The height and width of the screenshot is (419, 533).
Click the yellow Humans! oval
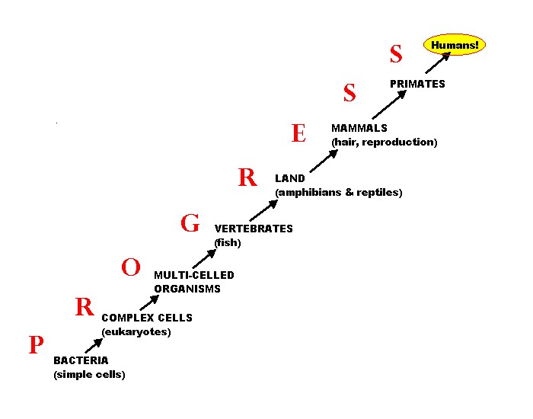click(x=455, y=46)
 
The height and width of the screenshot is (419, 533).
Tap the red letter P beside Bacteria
click(x=35, y=346)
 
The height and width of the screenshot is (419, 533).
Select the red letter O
click(x=131, y=267)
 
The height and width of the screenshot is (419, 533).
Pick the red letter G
click(x=190, y=223)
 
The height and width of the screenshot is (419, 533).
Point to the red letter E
click(x=298, y=134)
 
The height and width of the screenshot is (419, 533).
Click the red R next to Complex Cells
click(x=84, y=307)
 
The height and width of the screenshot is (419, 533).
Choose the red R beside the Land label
click(x=247, y=178)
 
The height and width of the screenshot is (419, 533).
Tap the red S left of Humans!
click(x=395, y=54)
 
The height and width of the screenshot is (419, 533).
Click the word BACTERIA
click(x=81, y=360)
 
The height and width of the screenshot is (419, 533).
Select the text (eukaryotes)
click(x=136, y=332)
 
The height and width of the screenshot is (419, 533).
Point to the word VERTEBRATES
click(x=254, y=229)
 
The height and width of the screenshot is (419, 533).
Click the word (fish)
click(x=228, y=243)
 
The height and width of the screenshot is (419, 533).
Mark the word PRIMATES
click(x=417, y=84)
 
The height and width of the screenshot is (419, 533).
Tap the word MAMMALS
click(x=359, y=128)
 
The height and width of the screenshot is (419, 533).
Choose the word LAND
click(x=290, y=178)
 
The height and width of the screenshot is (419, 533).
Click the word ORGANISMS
click(x=187, y=289)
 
